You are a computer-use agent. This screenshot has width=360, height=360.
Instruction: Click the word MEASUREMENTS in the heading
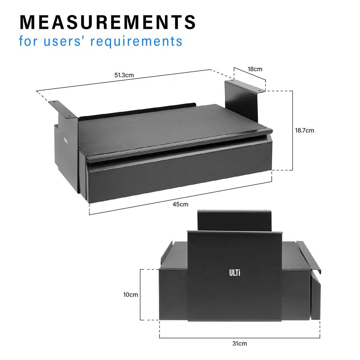point(108,22)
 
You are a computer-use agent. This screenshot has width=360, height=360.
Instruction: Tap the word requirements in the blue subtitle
point(136,41)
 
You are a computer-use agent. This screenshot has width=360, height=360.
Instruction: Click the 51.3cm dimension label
point(124,75)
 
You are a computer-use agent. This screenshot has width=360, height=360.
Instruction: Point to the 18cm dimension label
point(255,69)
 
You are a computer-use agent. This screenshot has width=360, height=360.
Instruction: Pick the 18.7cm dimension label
point(304,130)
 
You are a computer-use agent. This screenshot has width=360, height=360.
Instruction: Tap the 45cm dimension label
point(180,204)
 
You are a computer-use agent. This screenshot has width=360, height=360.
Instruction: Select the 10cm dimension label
point(131,295)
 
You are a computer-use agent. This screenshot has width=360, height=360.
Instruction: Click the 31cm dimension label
point(239,343)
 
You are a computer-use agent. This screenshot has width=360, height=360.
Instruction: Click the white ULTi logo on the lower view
point(234,273)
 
